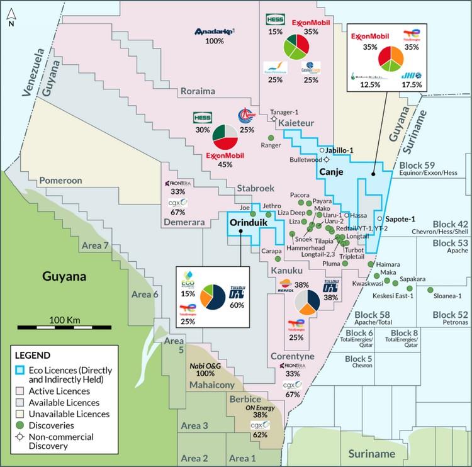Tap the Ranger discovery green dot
(x=271, y=138)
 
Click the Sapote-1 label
(x=401, y=218)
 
